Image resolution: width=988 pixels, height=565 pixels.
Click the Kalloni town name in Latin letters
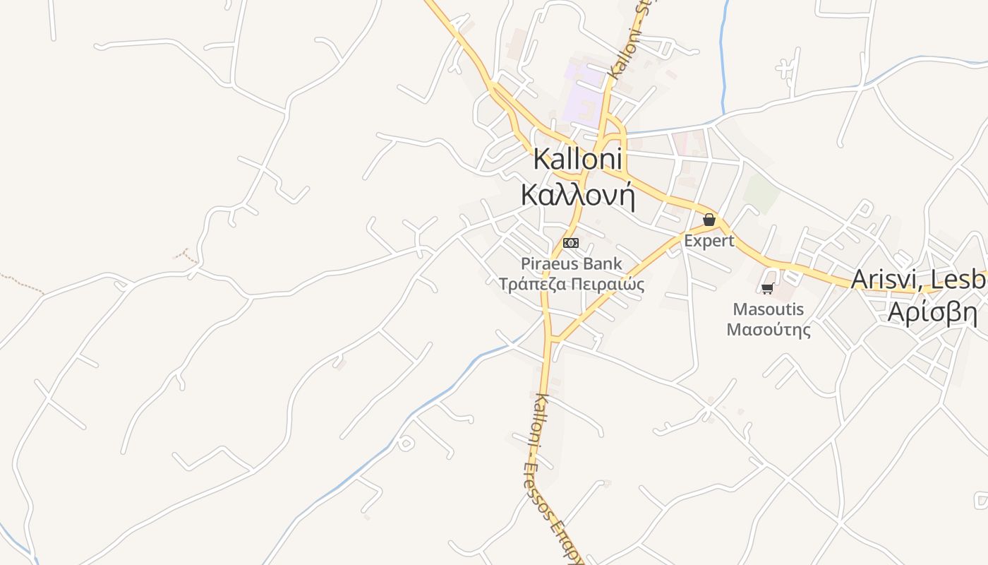(x=577, y=159)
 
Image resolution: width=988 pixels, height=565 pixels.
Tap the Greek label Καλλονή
(x=577, y=195)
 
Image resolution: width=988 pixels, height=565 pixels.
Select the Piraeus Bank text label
(x=572, y=264)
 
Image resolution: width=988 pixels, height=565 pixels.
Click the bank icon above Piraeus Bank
(x=570, y=243)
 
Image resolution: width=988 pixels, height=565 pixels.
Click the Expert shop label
(x=709, y=241)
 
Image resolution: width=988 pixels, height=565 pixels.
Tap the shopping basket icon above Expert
(x=709, y=220)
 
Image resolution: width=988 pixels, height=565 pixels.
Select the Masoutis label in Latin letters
(x=768, y=309)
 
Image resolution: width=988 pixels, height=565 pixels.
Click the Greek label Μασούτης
(x=768, y=329)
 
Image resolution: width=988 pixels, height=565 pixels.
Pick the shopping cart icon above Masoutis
(x=768, y=288)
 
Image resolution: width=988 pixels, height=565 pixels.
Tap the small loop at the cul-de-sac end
(x=405, y=444)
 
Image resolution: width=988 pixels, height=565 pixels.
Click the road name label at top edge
(x=630, y=39)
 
